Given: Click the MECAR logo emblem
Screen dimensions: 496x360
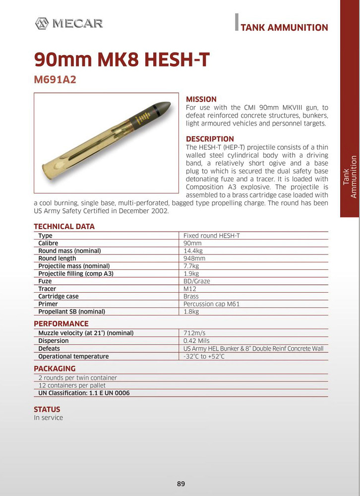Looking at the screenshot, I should [x=42, y=23].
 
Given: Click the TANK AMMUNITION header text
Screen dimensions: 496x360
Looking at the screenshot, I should [x=284, y=28].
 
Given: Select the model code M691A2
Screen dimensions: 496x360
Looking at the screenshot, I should [x=55, y=79].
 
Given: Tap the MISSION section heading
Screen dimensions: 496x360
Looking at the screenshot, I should [x=201, y=99].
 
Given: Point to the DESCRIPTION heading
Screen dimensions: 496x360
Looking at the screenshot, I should [x=210, y=139].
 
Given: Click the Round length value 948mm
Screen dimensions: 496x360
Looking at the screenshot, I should [x=194, y=258].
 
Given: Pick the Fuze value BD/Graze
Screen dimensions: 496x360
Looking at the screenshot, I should [x=197, y=281].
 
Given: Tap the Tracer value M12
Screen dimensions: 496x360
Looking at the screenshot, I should [x=190, y=289].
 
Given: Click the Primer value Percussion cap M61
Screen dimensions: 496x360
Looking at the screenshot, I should [x=211, y=304].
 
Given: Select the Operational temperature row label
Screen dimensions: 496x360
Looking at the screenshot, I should [x=73, y=356].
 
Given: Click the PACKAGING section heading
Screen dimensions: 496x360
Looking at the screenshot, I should [x=55, y=369].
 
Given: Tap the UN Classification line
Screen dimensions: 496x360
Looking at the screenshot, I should [x=84, y=393].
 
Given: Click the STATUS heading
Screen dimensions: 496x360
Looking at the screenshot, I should [x=47, y=409].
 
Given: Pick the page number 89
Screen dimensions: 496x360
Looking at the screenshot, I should [x=180, y=484].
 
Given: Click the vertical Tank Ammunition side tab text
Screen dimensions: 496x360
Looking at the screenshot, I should [x=350, y=177].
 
